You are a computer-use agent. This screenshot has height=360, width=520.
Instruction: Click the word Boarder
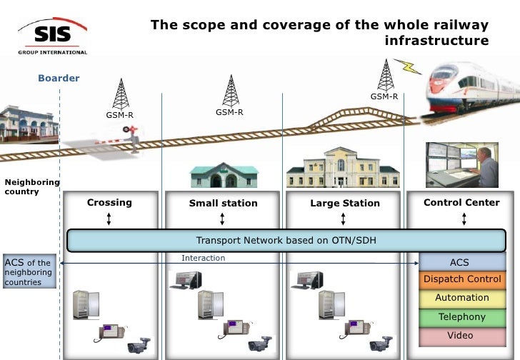[x=59, y=78]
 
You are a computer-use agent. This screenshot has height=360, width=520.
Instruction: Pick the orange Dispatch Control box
[x=462, y=279]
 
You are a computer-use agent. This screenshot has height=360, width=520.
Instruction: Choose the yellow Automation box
[x=462, y=298]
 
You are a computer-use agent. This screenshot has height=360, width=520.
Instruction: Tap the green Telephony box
[x=462, y=316]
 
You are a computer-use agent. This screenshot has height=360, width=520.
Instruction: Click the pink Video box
[x=462, y=336]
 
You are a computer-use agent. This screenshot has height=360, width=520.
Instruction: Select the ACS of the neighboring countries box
[x=28, y=272]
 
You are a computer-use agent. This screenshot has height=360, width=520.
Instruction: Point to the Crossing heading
[x=109, y=203]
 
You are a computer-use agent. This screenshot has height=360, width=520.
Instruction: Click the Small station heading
[x=223, y=204]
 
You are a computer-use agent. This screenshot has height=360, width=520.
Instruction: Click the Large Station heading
[x=345, y=204]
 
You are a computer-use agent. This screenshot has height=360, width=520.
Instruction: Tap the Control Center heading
[x=461, y=203]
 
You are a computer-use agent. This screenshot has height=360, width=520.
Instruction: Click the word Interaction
[x=203, y=258]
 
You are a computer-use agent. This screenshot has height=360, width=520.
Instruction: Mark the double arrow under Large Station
[x=345, y=219]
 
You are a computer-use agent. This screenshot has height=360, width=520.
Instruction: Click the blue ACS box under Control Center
[x=459, y=262]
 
